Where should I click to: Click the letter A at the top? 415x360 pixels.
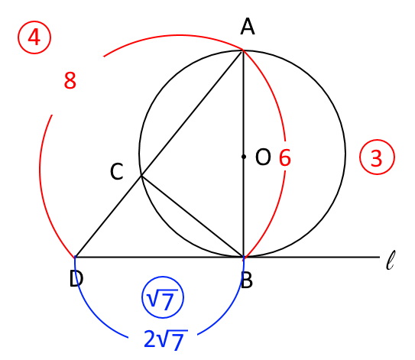click(x=248, y=27)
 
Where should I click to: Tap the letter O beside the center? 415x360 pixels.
click(x=263, y=157)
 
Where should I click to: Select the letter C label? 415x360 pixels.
click(x=117, y=171)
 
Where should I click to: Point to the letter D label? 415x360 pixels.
click(x=76, y=279)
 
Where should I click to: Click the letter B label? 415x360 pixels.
click(x=247, y=280)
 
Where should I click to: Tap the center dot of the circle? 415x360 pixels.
click(x=244, y=157)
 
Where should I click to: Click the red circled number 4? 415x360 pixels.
click(x=34, y=37)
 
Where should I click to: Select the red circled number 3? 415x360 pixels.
click(x=377, y=157)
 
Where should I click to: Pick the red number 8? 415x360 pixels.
click(x=70, y=80)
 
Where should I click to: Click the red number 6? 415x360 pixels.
click(x=285, y=157)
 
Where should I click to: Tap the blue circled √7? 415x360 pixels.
click(x=163, y=297)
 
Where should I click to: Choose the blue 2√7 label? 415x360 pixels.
click(x=166, y=339)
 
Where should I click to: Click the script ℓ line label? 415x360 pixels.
click(x=391, y=260)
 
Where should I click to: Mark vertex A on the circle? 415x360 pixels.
click(x=243, y=50)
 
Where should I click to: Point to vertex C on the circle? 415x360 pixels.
click(x=141, y=175)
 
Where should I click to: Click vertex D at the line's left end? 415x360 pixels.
click(x=76, y=257)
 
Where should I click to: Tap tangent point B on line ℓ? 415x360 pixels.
click(x=244, y=257)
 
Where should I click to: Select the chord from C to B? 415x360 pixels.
click(x=193, y=216)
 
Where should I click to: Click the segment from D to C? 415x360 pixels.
click(x=109, y=216)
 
